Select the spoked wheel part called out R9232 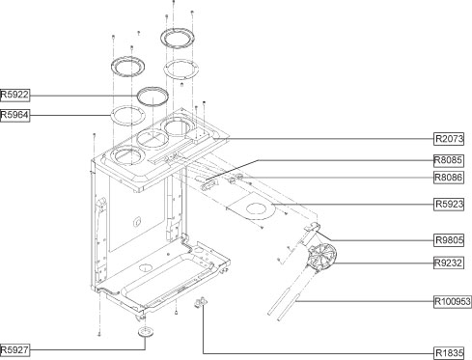[x=320, y=258]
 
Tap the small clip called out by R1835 [x=203, y=306]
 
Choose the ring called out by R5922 [x=152, y=95]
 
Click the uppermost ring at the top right [x=177, y=39]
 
